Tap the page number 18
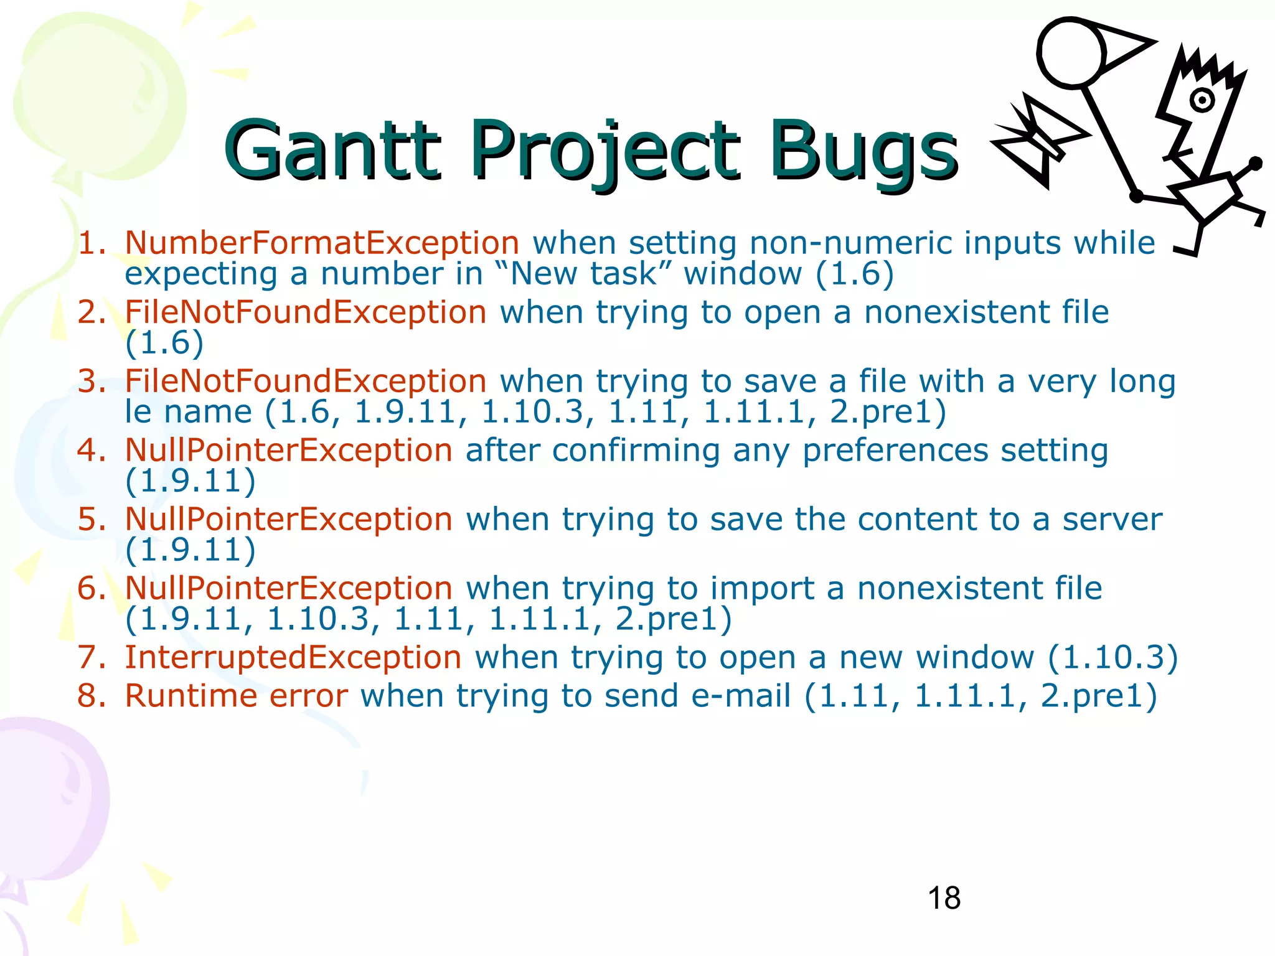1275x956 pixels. click(944, 898)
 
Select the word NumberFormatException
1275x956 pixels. click(322, 243)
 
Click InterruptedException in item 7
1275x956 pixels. click(293, 657)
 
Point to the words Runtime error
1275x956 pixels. click(237, 695)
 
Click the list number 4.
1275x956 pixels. click(92, 450)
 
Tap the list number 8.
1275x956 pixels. click(92, 695)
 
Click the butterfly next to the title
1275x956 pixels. click(1037, 140)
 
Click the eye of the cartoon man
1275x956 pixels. click(1202, 100)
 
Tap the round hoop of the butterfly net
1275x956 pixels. click(1071, 53)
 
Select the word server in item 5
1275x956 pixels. click(1112, 519)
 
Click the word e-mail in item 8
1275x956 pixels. click(741, 695)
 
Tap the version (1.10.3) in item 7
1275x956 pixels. click(1113, 657)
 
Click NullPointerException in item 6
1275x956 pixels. click(288, 588)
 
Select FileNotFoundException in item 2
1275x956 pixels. click(305, 312)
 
